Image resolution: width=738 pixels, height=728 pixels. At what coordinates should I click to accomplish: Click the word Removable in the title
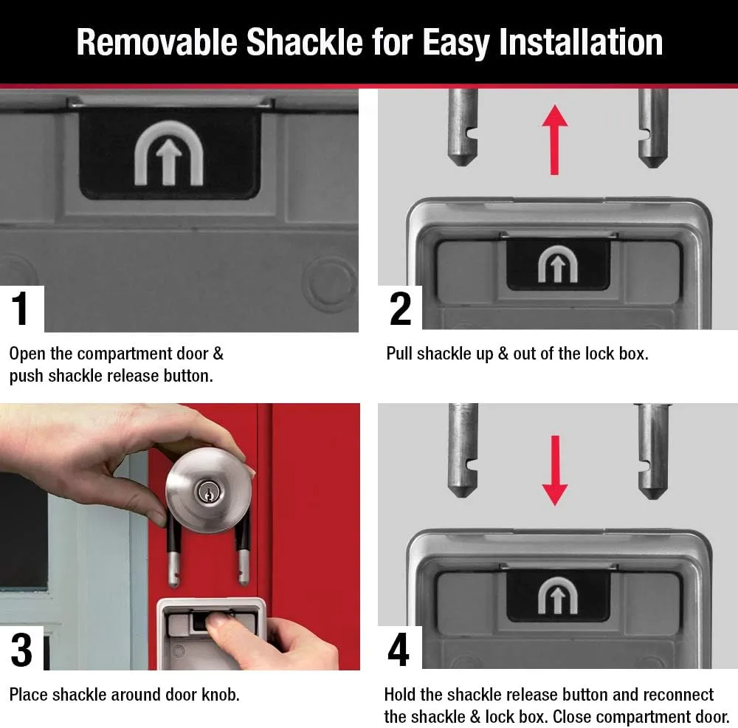coord(156,42)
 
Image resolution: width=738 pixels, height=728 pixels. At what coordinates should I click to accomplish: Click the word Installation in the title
coord(581,42)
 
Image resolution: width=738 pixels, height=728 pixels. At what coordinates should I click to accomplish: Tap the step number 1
coord(20,309)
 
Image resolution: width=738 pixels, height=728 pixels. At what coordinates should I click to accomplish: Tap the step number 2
coord(400,309)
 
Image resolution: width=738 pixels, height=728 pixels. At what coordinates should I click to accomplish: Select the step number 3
coord(21,650)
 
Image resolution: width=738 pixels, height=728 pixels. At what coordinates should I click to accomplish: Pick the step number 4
coord(399,650)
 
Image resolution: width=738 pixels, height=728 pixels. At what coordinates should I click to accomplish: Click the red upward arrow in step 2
coord(555,140)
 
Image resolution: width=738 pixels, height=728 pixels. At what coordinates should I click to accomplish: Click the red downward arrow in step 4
coord(555,470)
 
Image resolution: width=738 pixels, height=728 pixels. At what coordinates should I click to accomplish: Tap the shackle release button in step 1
coord(170,153)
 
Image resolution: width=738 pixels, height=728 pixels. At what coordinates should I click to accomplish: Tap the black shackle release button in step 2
coord(558,264)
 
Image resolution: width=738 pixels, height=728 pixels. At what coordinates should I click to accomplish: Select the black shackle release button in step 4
coord(558,595)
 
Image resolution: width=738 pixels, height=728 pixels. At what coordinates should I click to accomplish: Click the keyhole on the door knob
coord(207,492)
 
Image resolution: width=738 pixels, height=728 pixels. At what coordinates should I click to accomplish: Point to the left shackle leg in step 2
coord(463,127)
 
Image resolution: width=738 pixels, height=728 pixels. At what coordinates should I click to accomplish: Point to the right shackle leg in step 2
coord(653,128)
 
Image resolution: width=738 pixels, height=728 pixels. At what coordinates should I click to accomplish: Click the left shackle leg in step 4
coord(463,450)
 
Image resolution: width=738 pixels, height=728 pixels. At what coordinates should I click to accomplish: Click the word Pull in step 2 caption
coord(399,354)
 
